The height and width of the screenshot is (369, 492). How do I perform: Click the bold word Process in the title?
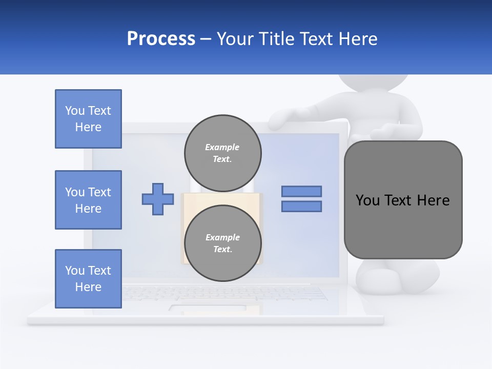pos(161,39)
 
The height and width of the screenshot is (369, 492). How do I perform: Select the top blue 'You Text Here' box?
pos(88,119)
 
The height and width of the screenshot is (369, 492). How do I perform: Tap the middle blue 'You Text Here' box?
pos(88,200)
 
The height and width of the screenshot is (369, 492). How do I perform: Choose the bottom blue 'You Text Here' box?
pos(88,279)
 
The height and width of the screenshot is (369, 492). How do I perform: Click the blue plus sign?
pos(157,199)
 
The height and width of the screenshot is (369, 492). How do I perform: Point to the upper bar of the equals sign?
pos(301,191)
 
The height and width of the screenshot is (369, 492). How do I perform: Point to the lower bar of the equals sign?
pos(301,207)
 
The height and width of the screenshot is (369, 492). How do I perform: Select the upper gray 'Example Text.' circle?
pos(222,153)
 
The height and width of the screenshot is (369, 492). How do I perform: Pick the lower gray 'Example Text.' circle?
pos(222,243)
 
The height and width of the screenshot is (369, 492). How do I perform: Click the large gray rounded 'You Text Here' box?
pos(403,200)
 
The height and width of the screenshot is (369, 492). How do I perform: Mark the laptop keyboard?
pos(225,293)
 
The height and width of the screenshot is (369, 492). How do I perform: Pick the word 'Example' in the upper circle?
pos(222,147)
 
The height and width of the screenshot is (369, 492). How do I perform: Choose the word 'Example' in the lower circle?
pos(222,237)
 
